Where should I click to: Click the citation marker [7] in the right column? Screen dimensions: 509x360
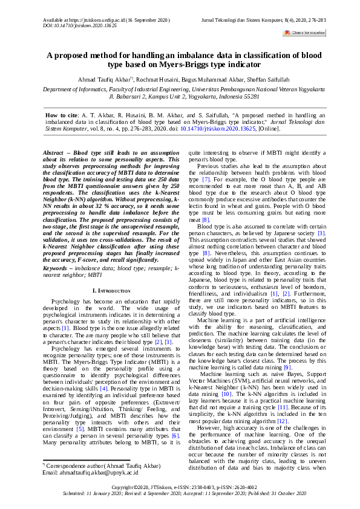click(205, 180)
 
